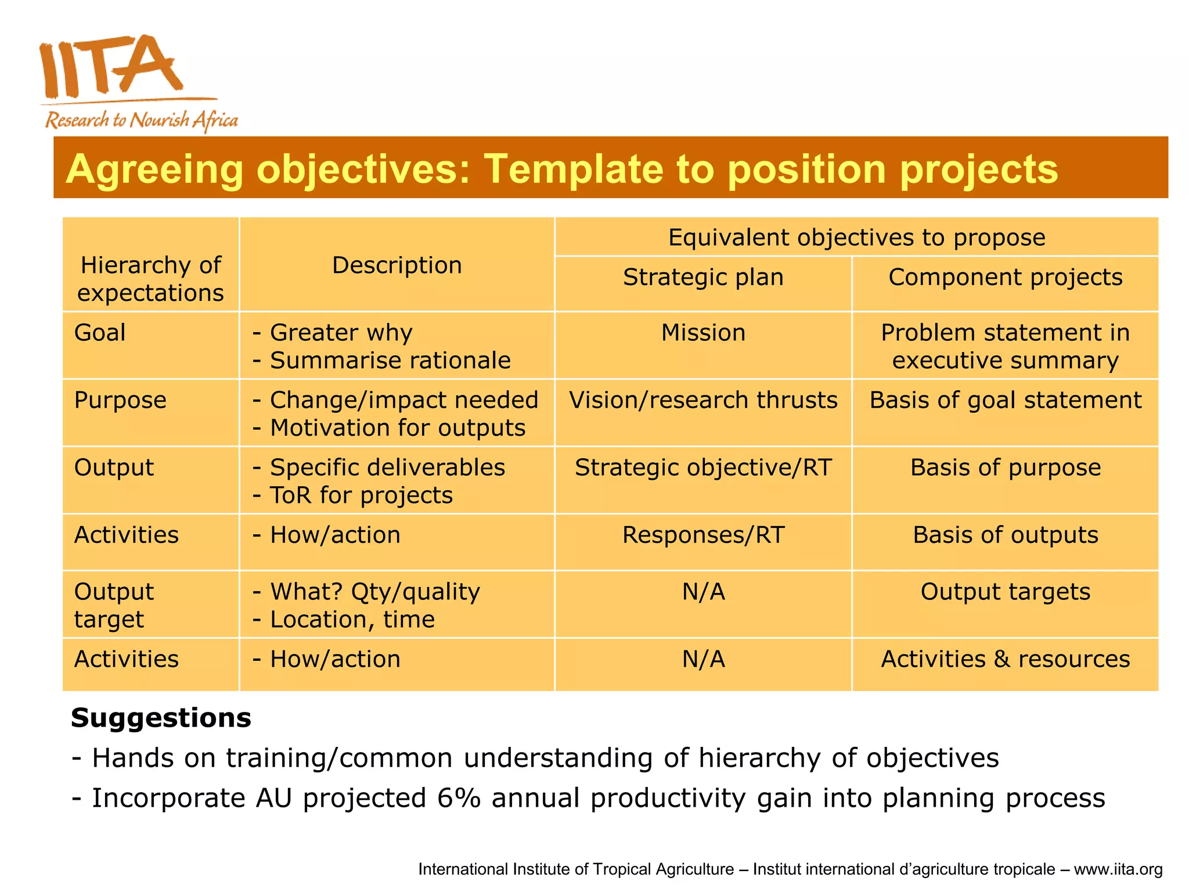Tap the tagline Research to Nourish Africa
(x=141, y=120)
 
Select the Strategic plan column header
(x=703, y=277)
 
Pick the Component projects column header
(x=1005, y=277)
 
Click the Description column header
(x=397, y=265)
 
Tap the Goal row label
(x=100, y=333)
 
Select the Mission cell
(x=703, y=333)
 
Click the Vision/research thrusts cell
(x=703, y=400)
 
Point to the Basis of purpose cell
(x=1005, y=467)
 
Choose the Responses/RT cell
(x=703, y=535)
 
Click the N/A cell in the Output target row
(x=703, y=592)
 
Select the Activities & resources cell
(x=1005, y=659)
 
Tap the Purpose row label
(x=120, y=400)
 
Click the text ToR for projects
(x=361, y=495)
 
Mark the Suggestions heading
(x=161, y=718)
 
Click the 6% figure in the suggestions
(x=459, y=797)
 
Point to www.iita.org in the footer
(x=1118, y=869)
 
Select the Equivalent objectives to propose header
(x=856, y=238)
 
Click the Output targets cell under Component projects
(x=1005, y=592)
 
